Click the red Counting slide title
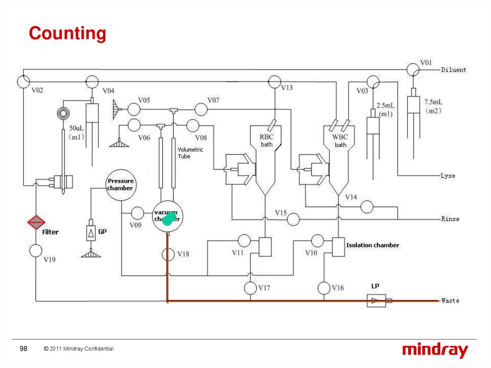[67, 34]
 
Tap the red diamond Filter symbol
[36, 222]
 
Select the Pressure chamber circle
[120, 185]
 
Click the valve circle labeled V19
[36, 250]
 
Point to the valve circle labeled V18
[168, 254]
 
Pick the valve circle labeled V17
[250, 288]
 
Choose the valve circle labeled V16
[325, 288]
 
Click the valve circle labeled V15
[293, 219]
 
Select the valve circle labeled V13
[274, 82]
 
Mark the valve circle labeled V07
[201, 109]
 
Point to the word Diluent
[454, 70]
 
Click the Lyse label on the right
[448, 176]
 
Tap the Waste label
[450, 301]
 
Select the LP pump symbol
[376, 301]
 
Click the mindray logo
[435, 351]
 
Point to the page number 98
[23, 349]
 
